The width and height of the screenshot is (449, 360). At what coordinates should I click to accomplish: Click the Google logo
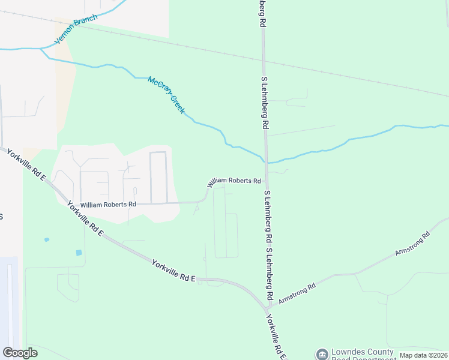pyautogui.click(x=20, y=353)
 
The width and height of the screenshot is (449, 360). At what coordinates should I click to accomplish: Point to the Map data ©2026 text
pyautogui.click(x=424, y=355)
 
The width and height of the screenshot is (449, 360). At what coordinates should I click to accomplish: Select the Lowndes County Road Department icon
pyautogui.click(x=322, y=355)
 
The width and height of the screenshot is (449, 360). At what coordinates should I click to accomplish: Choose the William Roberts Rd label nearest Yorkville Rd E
pyautogui.click(x=108, y=204)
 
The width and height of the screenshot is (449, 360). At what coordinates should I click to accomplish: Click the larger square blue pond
pyautogui.click(x=79, y=253)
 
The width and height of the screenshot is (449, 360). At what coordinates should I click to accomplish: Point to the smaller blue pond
pyautogui.click(x=47, y=240)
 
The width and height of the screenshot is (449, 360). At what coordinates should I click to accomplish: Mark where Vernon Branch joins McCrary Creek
pyautogui.click(x=41, y=47)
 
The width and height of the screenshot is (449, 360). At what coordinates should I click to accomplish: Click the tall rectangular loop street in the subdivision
pyautogui.click(x=158, y=177)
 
